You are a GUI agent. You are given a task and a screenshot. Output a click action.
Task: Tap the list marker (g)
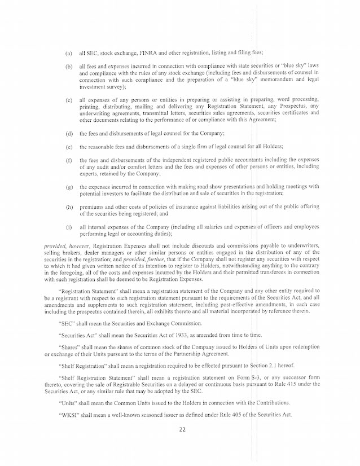tap(68, 187)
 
